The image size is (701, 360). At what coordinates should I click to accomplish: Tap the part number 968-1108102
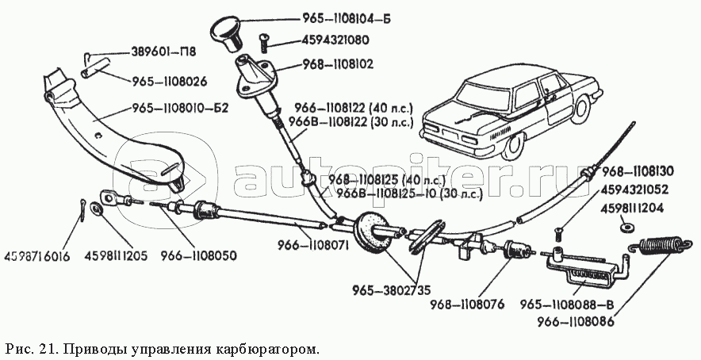tap(343, 63)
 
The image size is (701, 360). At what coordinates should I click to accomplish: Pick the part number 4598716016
tap(36, 256)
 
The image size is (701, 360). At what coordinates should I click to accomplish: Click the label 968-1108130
tap(648, 170)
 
